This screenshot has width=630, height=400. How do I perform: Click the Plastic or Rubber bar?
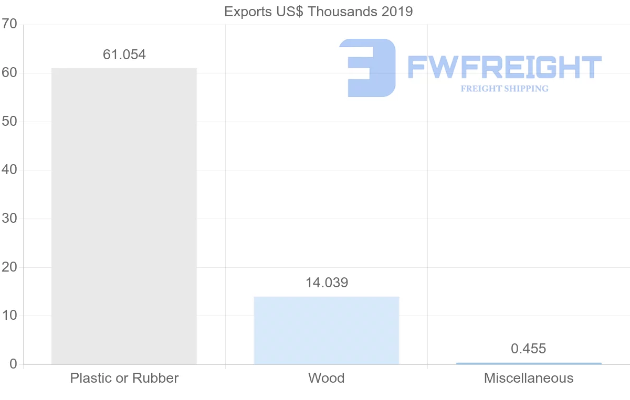[124, 216]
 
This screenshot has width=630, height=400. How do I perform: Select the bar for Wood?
[326, 330]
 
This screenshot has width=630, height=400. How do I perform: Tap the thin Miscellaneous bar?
[529, 363]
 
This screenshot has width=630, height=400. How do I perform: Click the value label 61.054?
[124, 55]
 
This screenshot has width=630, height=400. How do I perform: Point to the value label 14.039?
[327, 283]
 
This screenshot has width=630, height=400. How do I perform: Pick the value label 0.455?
[529, 349]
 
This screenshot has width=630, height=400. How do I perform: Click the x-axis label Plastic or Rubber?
[124, 378]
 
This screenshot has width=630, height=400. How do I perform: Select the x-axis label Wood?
[326, 378]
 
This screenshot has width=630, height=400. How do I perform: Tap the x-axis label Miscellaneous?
[529, 378]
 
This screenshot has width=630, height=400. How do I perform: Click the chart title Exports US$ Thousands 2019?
[319, 12]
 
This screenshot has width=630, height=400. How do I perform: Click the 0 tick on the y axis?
[13, 364]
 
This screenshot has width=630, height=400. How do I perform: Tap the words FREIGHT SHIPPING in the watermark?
[505, 89]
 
